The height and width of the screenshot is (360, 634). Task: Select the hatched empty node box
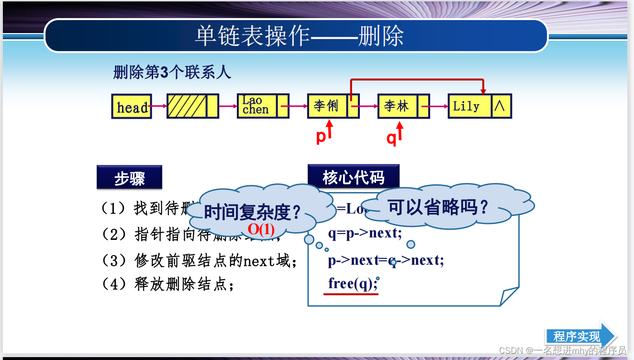tap(187, 106)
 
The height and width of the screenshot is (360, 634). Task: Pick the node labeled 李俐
tap(327, 106)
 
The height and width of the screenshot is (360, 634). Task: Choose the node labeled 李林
tap(397, 106)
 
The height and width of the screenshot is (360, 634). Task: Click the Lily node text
tap(467, 106)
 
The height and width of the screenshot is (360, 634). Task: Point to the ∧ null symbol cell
tap(500, 106)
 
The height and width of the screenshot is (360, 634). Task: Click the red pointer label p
tap(321, 137)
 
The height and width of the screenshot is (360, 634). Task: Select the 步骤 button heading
tap(129, 178)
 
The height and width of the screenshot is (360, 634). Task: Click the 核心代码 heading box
tap(353, 177)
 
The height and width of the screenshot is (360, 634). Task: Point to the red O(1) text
tap(261, 230)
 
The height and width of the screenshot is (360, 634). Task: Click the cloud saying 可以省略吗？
tap(438, 208)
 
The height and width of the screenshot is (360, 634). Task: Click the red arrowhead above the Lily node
tap(483, 91)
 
